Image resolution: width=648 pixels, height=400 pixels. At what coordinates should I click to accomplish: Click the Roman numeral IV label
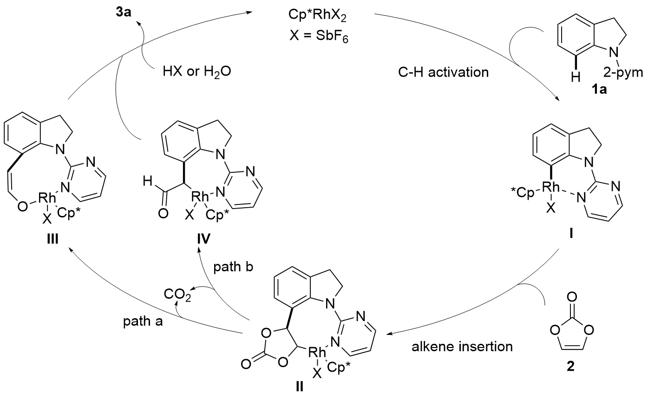coord(201,240)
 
